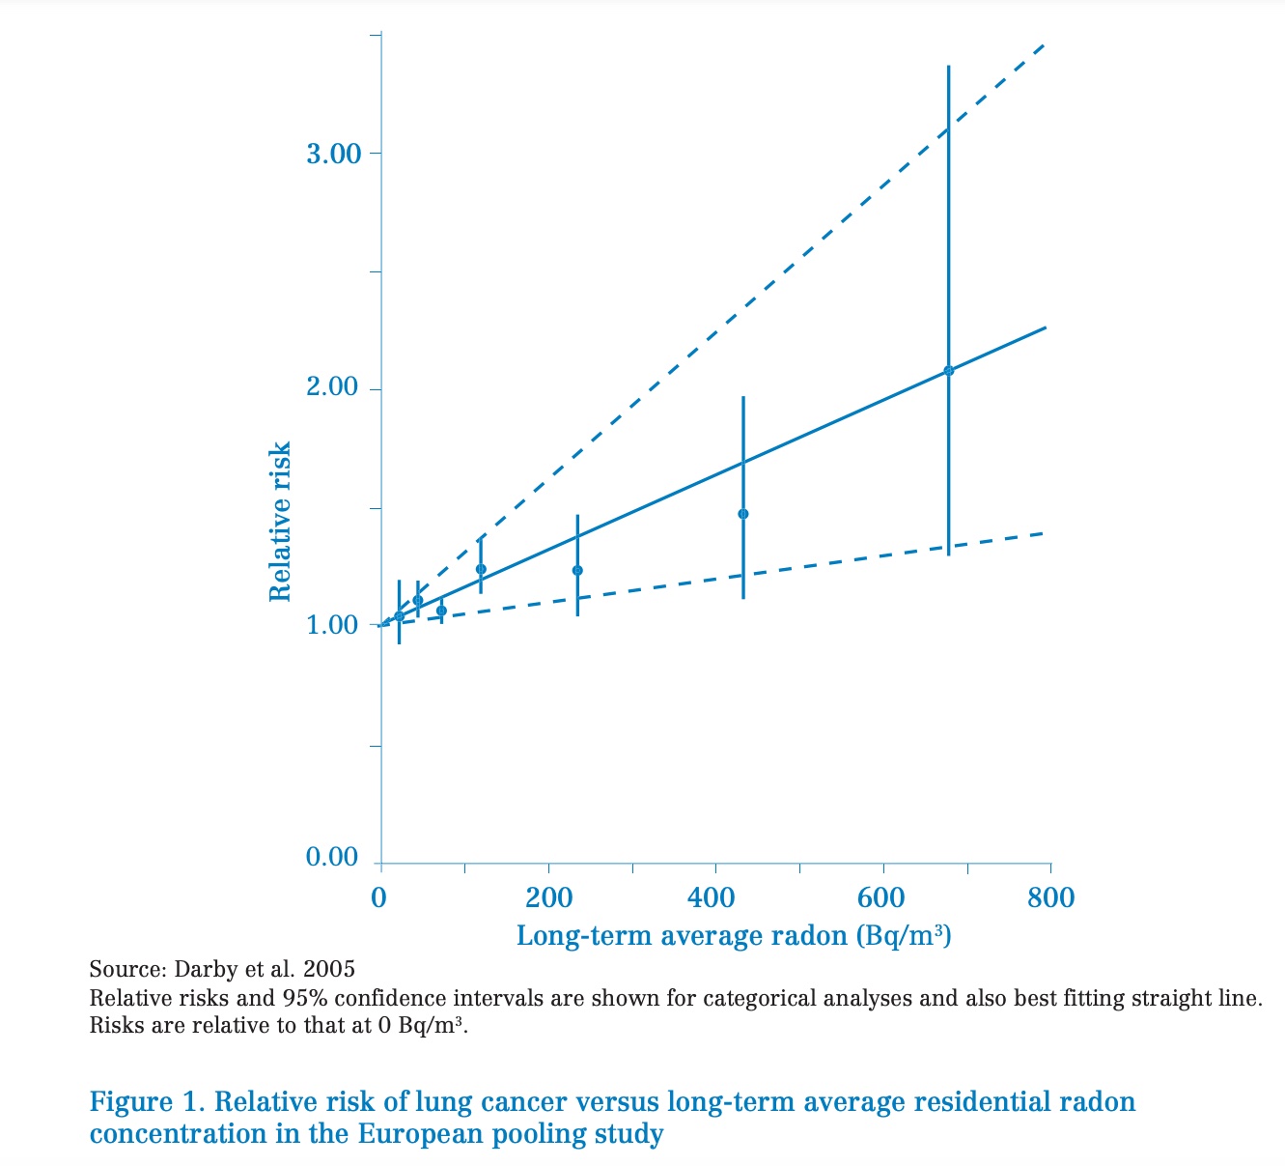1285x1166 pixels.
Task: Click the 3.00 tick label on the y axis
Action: click(332, 154)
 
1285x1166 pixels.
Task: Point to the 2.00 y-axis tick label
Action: click(332, 388)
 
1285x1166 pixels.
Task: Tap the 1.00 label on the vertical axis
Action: click(332, 625)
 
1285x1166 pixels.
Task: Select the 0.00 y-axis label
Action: click(332, 858)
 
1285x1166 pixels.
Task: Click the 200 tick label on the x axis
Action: click(548, 897)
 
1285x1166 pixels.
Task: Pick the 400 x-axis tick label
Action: click(715, 897)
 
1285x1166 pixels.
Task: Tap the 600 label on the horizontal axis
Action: click(881, 897)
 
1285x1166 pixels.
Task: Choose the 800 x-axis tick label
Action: click(1050, 897)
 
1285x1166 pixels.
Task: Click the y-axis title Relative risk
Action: click(280, 522)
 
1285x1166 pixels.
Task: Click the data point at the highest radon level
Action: click(948, 371)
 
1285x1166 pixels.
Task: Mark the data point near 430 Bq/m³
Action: click(742, 514)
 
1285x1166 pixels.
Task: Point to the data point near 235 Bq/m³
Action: click(577, 570)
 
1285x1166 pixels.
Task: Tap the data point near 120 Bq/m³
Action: click(481, 569)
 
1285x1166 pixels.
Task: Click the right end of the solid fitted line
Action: click(1046, 328)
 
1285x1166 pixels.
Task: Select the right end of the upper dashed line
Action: click(1045, 45)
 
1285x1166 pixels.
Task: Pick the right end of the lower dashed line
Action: click(1045, 533)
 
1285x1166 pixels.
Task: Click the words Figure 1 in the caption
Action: click(144, 1101)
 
